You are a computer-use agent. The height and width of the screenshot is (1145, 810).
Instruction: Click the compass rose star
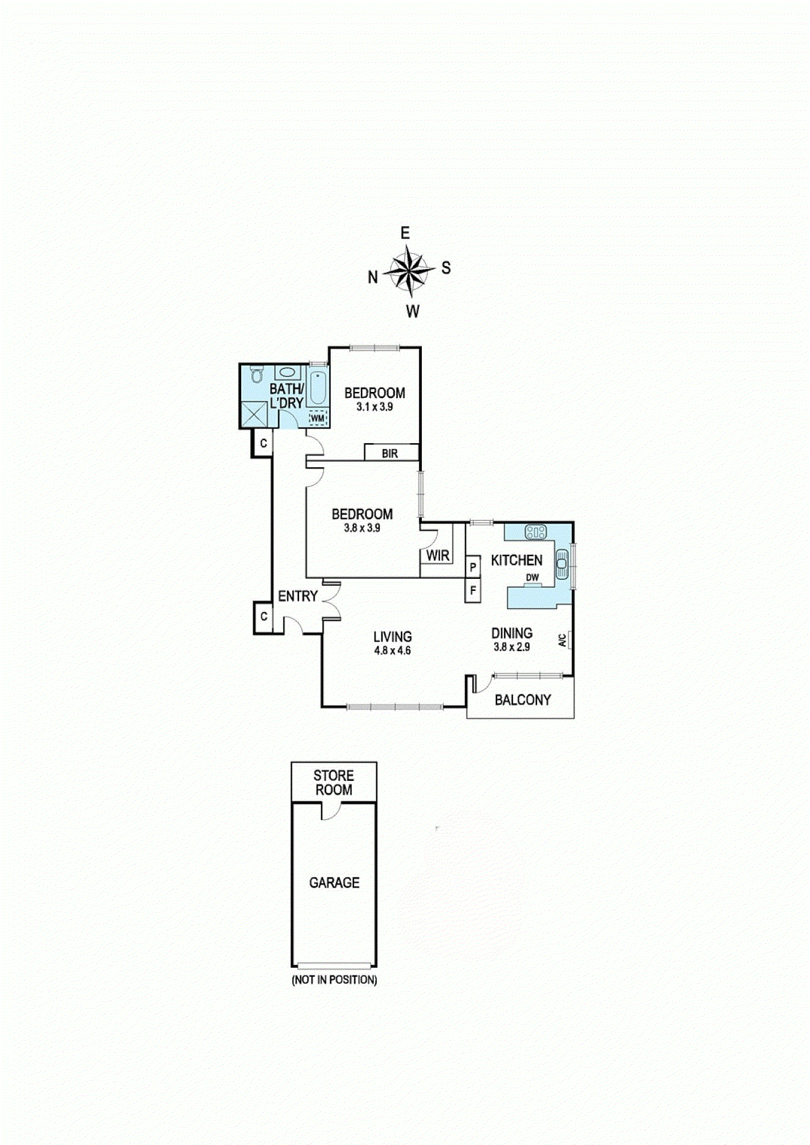point(410,271)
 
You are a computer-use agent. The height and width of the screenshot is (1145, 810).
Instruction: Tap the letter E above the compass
point(405,233)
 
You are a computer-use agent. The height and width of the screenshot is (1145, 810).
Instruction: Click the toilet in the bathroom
point(257,374)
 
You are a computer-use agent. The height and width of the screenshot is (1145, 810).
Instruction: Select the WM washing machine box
point(318,418)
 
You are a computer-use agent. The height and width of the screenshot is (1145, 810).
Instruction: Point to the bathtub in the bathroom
point(318,388)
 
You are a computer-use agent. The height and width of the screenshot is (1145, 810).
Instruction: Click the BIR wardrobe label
point(390,453)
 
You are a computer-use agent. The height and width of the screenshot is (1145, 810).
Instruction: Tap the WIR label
point(438,555)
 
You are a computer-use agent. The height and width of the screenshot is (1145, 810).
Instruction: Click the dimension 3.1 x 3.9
point(374,407)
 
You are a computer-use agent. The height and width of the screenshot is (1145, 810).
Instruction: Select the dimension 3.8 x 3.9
point(362,528)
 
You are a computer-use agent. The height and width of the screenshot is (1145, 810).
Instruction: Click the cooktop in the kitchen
point(535,532)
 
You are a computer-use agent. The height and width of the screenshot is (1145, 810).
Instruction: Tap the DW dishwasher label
point(532,578)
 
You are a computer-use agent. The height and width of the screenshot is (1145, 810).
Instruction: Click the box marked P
point(473,567)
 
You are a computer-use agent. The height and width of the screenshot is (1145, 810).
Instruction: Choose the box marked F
point(473,591)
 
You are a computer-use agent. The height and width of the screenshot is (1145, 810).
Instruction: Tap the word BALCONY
point(523,700)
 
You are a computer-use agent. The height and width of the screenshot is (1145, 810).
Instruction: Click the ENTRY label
point(298,596)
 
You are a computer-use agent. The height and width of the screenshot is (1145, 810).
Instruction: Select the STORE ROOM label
point(334,783)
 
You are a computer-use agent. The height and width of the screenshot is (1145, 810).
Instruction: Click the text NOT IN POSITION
point(334,980)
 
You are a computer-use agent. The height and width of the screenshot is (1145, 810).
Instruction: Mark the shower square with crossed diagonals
point(254,414)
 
